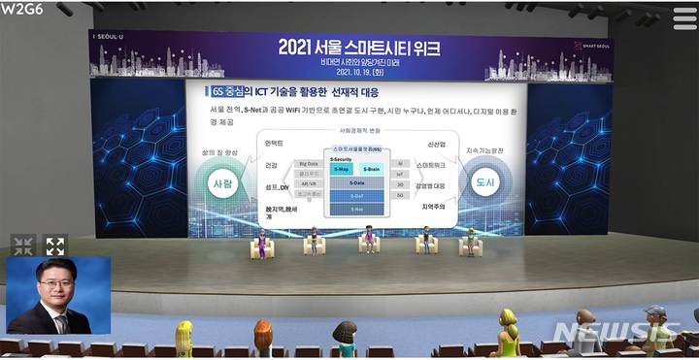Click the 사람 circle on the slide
tap(223, 182)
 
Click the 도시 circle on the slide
tap(484, 181)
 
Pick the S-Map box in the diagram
tap(342, 169)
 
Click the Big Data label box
tap(308, 164)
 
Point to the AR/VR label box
tap(308, 183)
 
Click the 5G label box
tap(400, 195)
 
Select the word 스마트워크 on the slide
tap(431, 165)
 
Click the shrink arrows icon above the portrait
tap(23, 245)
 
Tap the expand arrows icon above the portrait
tap(55, 245)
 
